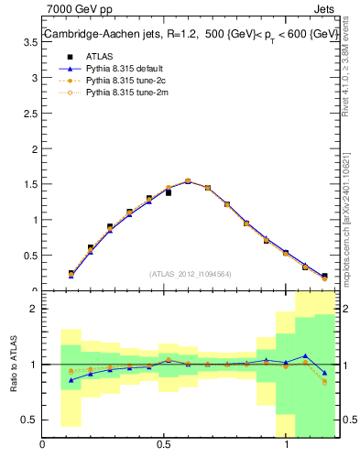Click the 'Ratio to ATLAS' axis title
point(13,365)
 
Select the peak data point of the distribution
point(188,181)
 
